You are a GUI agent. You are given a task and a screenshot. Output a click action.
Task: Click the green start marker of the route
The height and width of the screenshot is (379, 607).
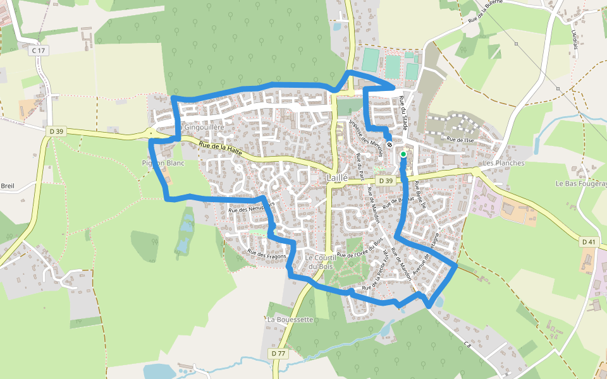(403, 153)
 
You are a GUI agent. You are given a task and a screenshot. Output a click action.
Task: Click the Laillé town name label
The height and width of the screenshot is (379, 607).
(338, 178)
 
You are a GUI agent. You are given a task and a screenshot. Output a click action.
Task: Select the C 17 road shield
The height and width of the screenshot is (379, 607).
(39, 50)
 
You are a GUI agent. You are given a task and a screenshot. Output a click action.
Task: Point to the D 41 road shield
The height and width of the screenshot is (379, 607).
(588, 241)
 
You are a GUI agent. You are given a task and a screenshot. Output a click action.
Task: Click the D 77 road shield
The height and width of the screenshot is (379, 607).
(279, 353)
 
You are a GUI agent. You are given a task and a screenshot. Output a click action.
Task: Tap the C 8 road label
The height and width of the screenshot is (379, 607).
(467, 344)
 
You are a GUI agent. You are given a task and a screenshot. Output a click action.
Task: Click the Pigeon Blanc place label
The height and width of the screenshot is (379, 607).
(162, 163)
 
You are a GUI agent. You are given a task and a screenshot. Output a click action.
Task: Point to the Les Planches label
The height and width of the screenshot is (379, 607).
(503, 163)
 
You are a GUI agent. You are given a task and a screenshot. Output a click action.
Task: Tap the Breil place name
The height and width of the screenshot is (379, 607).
(8, 186)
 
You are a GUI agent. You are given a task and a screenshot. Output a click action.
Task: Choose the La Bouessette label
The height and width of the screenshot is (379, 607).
(290, 320)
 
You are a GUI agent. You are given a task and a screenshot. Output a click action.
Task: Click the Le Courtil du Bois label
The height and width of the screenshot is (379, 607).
(319, 262)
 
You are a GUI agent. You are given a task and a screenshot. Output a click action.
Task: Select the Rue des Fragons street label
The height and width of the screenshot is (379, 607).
(267, 255)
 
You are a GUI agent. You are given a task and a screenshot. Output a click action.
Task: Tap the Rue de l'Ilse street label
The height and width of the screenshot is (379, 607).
(460, 139)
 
